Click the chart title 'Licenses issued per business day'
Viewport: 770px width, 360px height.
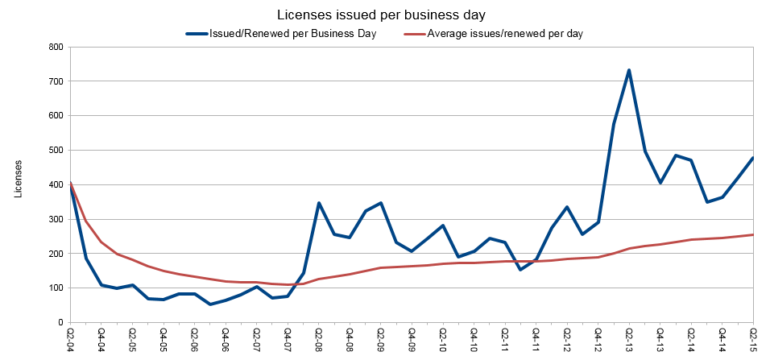click(383, 15)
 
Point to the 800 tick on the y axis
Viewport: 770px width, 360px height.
click(56, 47)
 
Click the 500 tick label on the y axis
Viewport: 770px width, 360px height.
click(56, 150)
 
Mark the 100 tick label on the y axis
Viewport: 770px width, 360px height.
click(56, 288)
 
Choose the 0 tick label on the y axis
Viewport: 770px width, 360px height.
click(61, 322)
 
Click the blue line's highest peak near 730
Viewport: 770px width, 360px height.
click(629, 70)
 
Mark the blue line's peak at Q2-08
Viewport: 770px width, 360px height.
click(319, 203)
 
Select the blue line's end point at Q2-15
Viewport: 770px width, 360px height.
click(753, 158)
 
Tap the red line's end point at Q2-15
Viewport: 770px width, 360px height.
click(753, 234)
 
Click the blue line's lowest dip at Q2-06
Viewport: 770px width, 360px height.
click(210, 304)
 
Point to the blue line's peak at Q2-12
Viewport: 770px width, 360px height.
click(567, 207)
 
